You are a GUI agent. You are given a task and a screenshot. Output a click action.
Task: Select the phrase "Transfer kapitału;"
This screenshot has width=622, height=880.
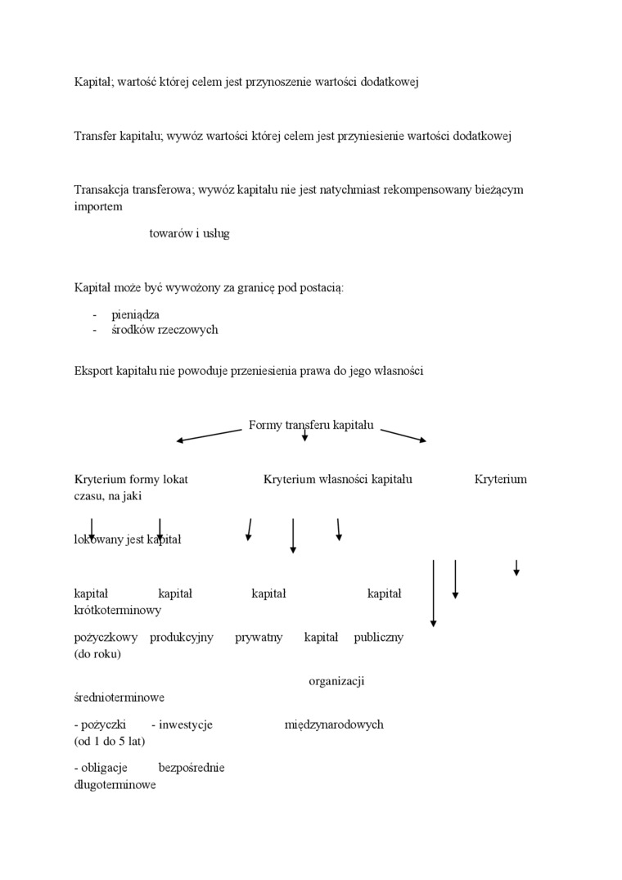point(119,136)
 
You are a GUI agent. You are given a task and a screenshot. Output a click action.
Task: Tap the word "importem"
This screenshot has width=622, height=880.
point(98,206)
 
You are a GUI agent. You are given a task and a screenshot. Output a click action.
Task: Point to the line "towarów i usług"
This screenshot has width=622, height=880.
point(189,233)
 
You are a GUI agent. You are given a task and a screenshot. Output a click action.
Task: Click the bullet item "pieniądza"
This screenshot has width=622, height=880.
point(135,314)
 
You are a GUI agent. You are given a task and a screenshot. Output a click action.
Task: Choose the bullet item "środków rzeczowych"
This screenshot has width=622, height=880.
point(165,330)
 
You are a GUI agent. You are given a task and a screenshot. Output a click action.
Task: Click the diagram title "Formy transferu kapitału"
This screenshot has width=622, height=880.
point(311,425)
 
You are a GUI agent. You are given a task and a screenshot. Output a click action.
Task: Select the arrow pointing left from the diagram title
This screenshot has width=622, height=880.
point(210,435)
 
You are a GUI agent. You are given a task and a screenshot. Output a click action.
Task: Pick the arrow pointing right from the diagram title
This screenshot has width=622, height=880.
point(403,435)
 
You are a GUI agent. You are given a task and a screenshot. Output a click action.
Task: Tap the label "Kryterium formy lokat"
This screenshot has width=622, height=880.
point(131,479)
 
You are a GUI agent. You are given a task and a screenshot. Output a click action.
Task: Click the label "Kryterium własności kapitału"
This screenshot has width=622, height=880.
point(338,479)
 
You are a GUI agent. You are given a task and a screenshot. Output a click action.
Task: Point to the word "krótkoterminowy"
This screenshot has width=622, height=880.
point(117,610)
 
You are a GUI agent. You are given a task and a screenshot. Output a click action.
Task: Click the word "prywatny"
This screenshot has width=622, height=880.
point(259,637)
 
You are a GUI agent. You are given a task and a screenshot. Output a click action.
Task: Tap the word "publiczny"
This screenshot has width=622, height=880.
point(378,637)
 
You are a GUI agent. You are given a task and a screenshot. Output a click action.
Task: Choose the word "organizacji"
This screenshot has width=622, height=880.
point(336,680)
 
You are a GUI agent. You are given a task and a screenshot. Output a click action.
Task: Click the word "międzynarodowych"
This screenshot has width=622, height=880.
point(334,724)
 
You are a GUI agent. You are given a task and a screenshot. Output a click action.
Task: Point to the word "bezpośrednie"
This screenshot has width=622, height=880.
point(191,768)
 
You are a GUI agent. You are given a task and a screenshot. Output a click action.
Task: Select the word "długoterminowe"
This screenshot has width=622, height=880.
point(115,784)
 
